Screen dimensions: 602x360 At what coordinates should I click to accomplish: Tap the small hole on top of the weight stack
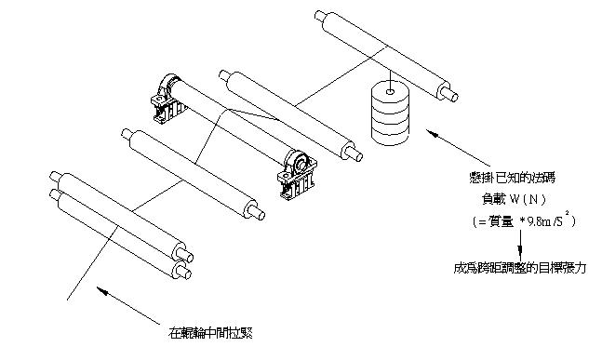click(x=390, y=92)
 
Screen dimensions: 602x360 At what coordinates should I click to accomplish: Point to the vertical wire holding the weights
click(x=390, y=80)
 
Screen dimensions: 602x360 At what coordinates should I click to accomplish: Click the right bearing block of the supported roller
click(x=297, y=175)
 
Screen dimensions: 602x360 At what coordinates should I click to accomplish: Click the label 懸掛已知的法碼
click(x=512, y=178)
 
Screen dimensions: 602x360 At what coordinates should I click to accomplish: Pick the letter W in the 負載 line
click(x=515, y=199)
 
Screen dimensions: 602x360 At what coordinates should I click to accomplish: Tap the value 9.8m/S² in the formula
click(x=547, y=220)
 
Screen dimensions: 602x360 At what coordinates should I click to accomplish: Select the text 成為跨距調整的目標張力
click(x=519, y=268)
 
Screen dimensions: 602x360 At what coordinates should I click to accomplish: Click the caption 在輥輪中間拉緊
click(x=210, y=332)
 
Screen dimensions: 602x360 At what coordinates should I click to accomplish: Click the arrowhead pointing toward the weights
click(x=433, y=133)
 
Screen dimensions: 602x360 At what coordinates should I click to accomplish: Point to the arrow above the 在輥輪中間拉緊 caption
click(x=128, y=305)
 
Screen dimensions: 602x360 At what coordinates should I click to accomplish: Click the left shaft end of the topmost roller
click(x=320, y=16)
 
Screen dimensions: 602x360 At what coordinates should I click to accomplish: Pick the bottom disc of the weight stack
click(x=390, y=135)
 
